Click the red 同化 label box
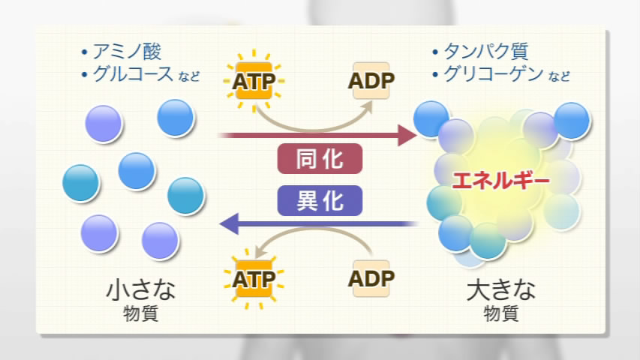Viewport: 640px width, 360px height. tap(320, 159)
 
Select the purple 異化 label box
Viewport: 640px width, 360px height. tap(320, 200)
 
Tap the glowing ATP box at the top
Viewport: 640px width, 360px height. tap(254, 81)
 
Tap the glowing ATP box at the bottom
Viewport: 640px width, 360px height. tap(254, 279)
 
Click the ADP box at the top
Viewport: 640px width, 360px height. tap(371, 80)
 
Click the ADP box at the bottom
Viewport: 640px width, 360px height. tap(371, 278)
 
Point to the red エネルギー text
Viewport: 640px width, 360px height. tap(500, 181)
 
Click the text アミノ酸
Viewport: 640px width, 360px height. tap(127, 52)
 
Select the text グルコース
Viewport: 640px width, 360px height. tap(133, 74)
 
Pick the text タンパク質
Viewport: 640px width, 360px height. tap(486, 52)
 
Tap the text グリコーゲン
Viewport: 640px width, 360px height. tap(493, 74)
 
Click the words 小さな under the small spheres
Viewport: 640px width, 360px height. tap(140, 289)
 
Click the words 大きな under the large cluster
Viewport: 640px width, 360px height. tap(500, 289)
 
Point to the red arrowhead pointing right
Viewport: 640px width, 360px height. tap(407, 135)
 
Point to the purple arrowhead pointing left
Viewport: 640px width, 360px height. tap(229, 223)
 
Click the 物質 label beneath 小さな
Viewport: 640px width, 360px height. tap(140, 313)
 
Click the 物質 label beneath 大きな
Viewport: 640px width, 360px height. tap(500, 313)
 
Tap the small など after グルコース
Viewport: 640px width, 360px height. tap(189, 76)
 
